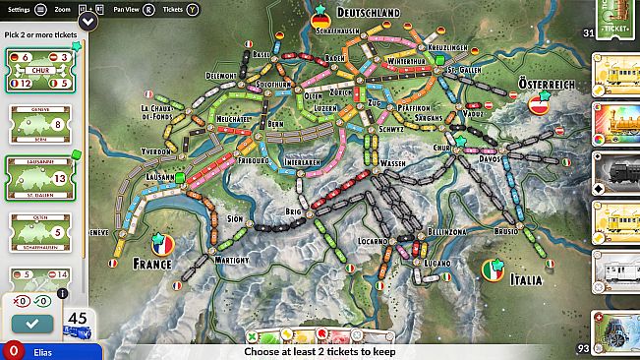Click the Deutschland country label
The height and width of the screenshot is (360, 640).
click(x=368, y=13)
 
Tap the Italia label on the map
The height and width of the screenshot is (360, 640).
click(x=526, y=279)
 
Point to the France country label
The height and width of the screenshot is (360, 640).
click(x=151, y=264)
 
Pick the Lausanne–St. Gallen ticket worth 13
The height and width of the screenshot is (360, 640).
click(x=37, y=178)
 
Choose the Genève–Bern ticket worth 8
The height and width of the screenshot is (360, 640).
click(x=37, y=125)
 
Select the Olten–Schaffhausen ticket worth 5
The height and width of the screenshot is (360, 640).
click(x=37, y=232)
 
